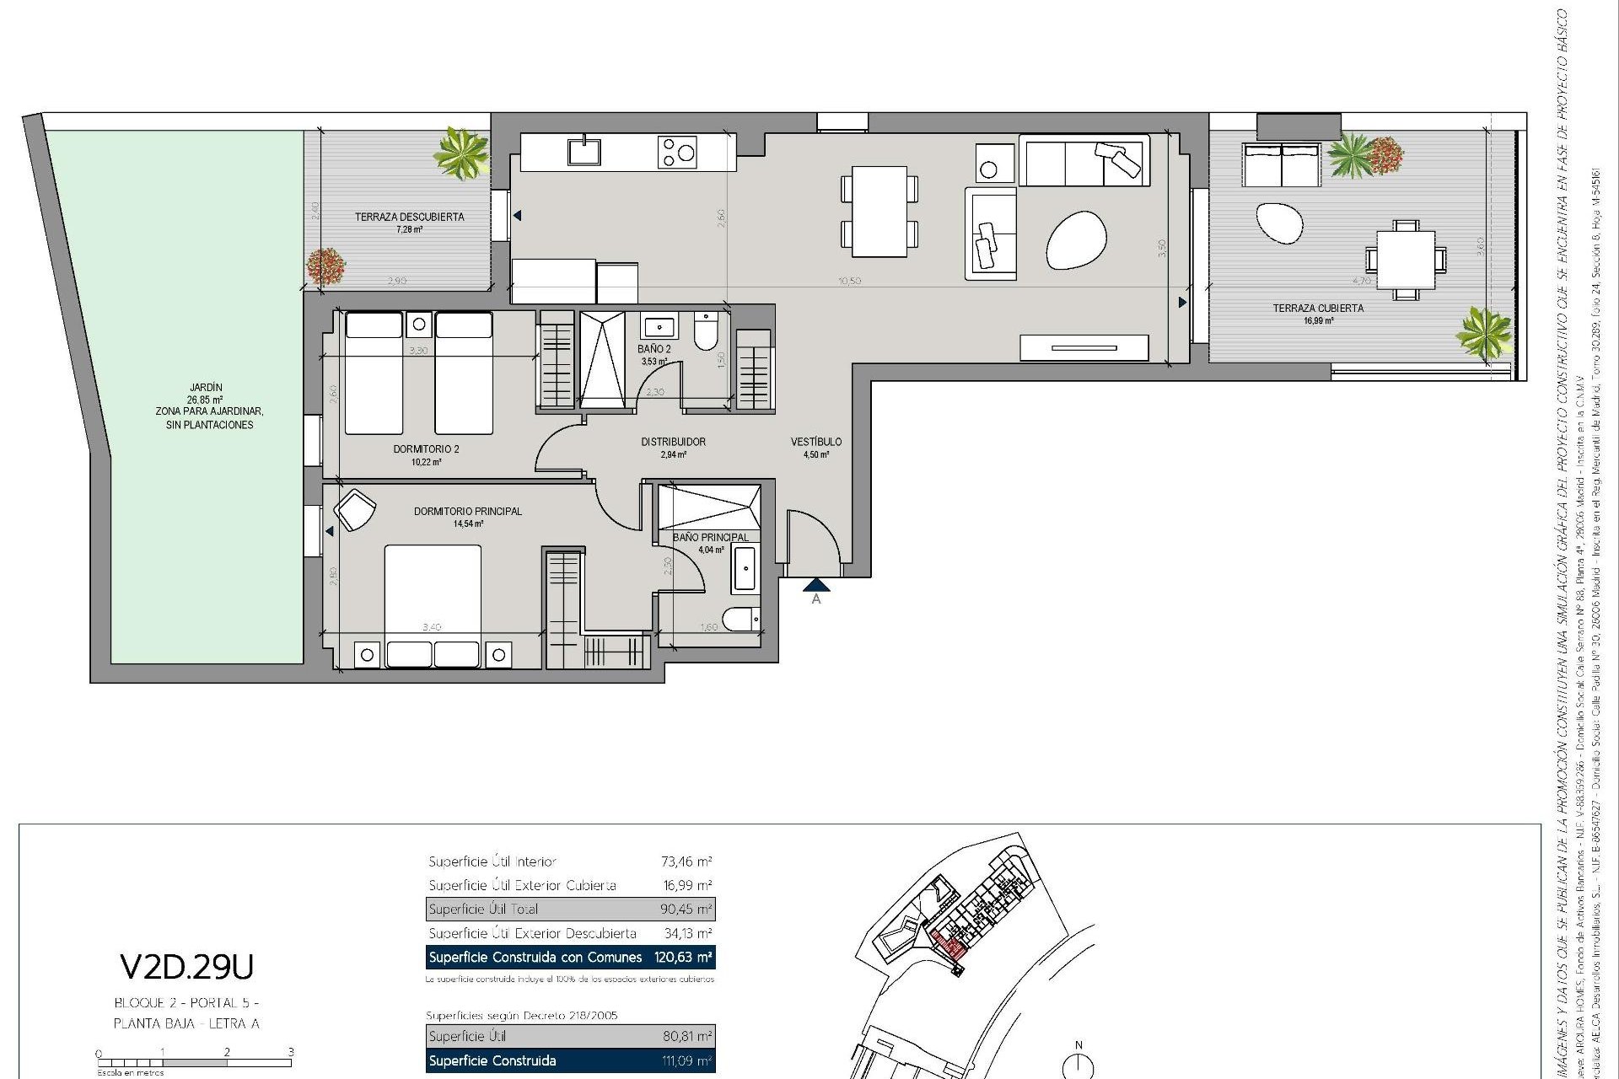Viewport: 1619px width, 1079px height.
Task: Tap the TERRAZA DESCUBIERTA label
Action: [x=409, y=217]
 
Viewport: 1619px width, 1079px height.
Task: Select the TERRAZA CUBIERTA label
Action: [x=1317, y=309]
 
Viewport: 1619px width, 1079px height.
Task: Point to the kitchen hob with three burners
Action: [x=677, y=153]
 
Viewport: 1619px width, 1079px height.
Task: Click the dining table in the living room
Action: [x=879, y=212]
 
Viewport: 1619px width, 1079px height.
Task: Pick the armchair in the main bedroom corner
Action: [x=355, y=511]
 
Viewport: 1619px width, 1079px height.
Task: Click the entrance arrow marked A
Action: [x=815, y=585]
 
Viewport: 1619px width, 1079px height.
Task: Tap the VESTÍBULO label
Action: [x=815, y=442]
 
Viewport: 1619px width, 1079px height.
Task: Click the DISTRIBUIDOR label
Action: [x=673, y=442]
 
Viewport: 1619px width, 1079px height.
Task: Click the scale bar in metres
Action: [x=195, y=1063]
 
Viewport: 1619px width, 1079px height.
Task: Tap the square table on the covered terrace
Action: [x=1405, y=260]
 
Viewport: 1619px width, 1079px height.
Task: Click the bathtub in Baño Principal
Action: [x=745, y=569]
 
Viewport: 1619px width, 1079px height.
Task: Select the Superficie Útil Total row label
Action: [x=483, y=910]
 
